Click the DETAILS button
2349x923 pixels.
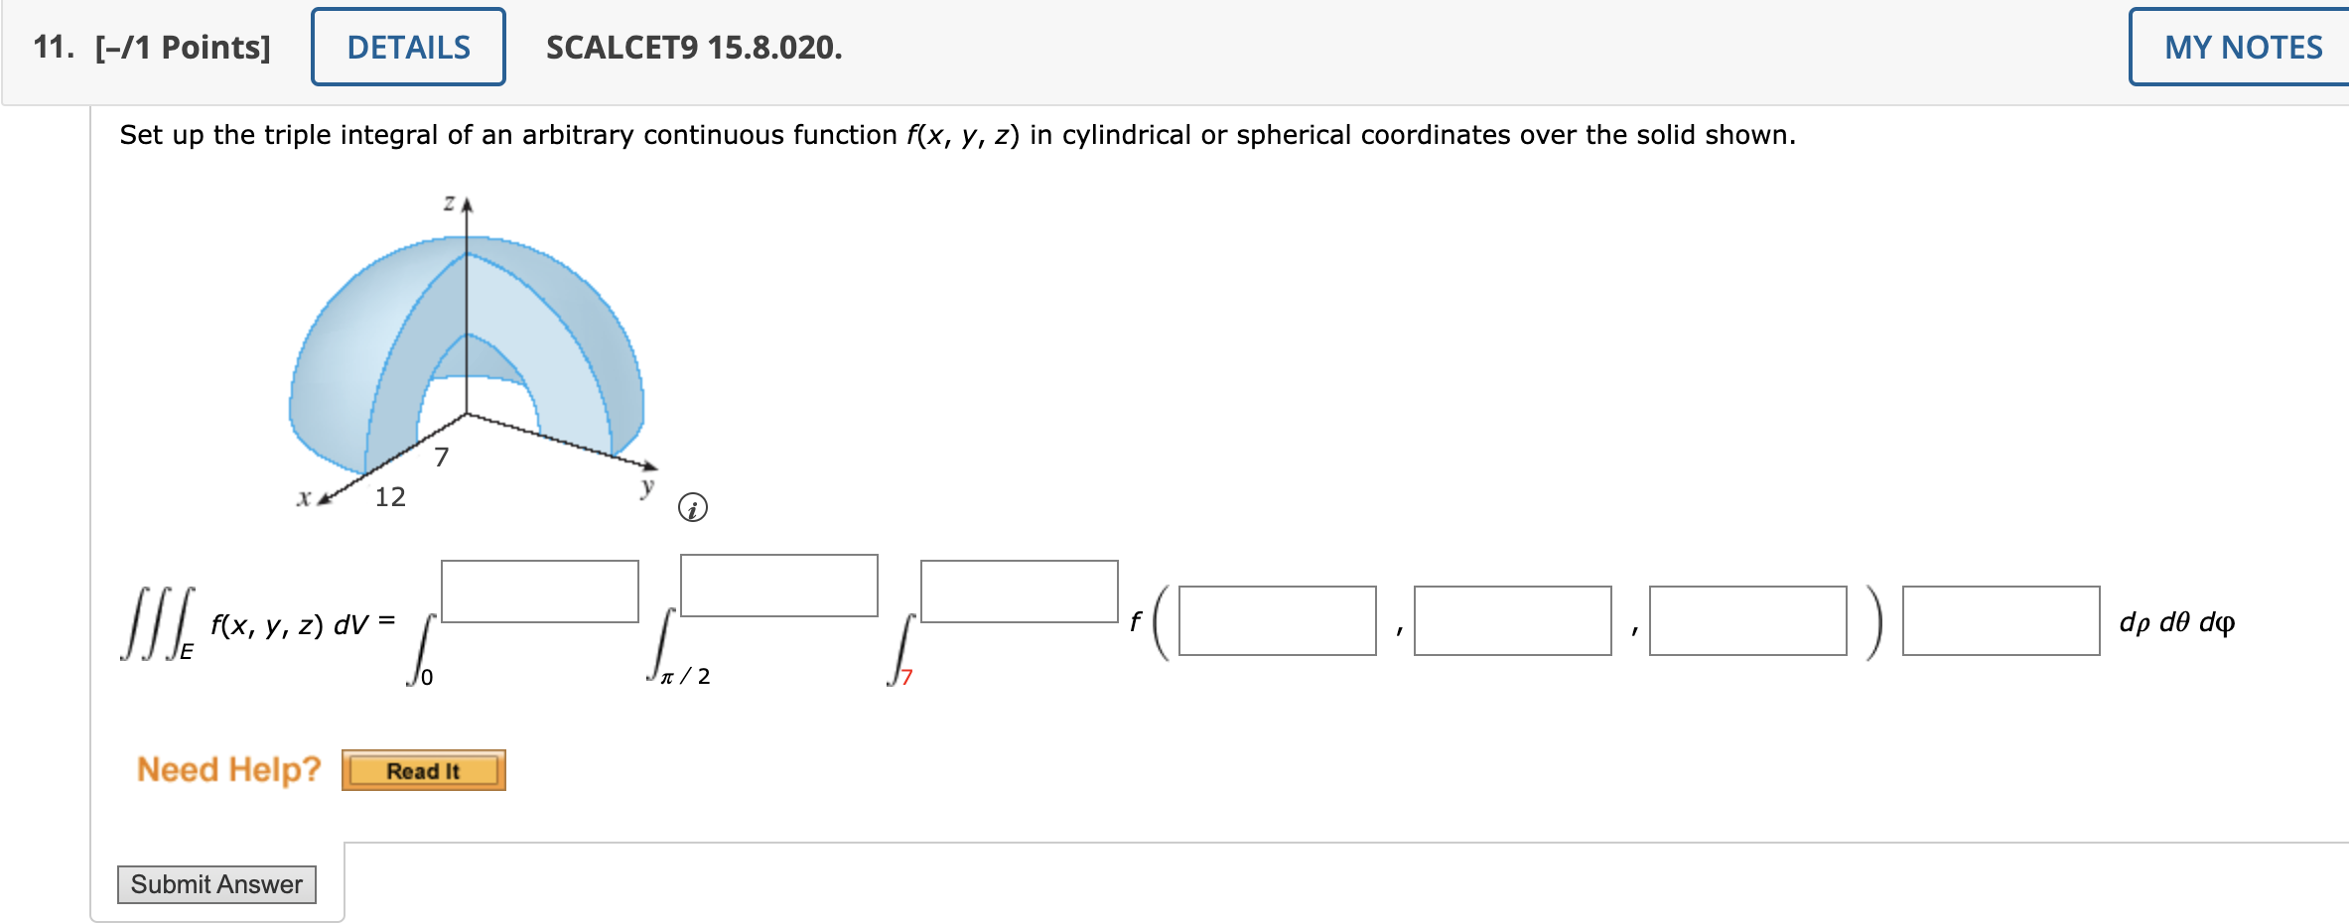click(x=408, y=47)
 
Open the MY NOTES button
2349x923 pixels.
click(x=2242, y=47)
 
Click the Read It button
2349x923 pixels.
click(x=423, y=771)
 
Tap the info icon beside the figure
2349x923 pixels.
click(x=692, y=508)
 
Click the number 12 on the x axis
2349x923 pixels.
click(x=390, y=496)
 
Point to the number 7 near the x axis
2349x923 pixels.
click(x=442, y=458)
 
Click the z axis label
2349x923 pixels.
click(x=449, y=203)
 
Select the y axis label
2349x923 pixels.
click(x=647, y=486)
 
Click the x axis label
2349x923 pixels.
click(x=304, y=498)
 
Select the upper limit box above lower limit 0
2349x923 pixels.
click(x=539, y=592)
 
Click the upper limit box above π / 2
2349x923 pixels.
click(x=778, y=586)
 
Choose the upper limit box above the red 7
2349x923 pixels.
click(x=1019, y=592)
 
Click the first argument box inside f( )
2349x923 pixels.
click(x=1277, y=620)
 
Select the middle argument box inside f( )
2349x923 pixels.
click(x=1512, y=620)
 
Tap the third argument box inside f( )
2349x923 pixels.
click(x=1747, y=620)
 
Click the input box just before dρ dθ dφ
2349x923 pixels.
click(x=2001, y=620)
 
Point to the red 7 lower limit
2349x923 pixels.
click(x=906, y=677)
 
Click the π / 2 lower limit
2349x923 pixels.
click(x=685, y=677)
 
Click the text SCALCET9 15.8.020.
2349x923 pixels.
click(x=693, y=48)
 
